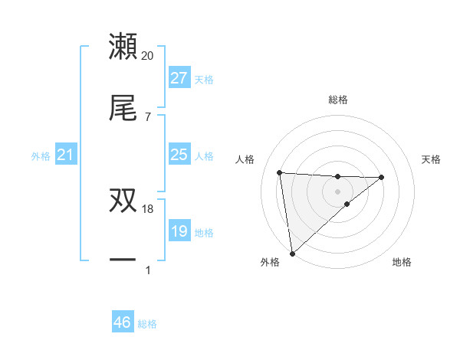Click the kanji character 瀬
pos(123,47)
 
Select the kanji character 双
pos(123,201)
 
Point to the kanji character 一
pos(123,260)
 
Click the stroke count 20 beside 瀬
pos(148,55)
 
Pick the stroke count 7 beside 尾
pos(148,116)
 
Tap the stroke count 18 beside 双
pos(148,208)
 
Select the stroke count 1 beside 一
pos(148,270)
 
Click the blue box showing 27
pos(179,78)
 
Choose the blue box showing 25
pos(179,155)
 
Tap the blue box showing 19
pos(179,231)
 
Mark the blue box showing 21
pos(66,155)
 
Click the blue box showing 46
pos(123,322)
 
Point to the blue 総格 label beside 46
pos(148,324)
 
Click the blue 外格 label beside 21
pos(41,156)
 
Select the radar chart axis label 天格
pos(432,159)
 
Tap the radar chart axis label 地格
pos(402,262)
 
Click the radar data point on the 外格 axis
pos(292,254)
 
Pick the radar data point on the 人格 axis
pos(280,172)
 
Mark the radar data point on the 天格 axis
pos(382,177)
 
